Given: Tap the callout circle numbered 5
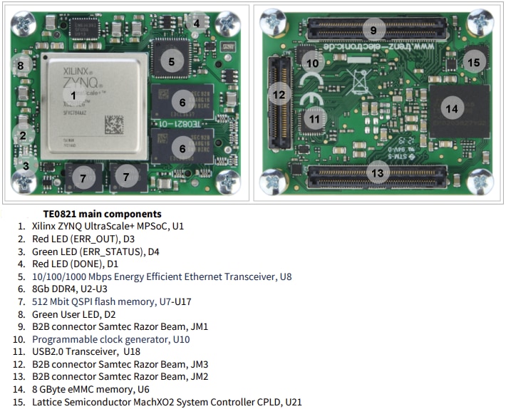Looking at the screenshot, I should (x=171, y=61).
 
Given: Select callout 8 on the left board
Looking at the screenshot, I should (x=21, y=66).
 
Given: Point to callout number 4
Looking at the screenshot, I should (x=196, y=24).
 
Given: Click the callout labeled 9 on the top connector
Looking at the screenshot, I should (x=373, y=30).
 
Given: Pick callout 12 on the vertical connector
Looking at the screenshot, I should (x=279, y=94).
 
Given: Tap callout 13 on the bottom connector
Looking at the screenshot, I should (x=377, y=172).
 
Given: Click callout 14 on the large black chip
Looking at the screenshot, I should (x=450, y=109).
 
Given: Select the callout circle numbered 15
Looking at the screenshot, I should (x=473, y=63).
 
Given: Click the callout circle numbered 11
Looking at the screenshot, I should (x=314, y=120).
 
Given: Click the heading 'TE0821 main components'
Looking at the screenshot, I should (x=102, y=214).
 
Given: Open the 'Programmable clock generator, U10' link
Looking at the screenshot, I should (x=111, y=339).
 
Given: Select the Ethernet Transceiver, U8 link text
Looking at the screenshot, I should (x=162, y=276).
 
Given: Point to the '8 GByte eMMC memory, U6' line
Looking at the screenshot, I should (x=90, y=389).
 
